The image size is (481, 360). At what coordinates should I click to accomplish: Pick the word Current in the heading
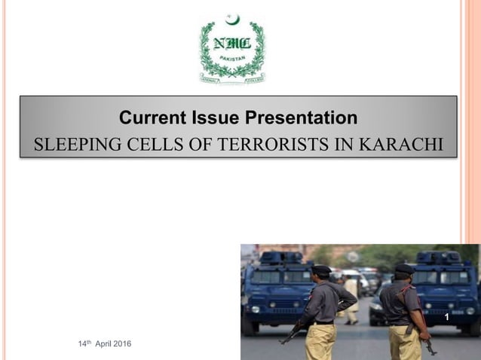tap(152, 118)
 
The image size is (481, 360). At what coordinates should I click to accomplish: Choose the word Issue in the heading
tap(214, 118)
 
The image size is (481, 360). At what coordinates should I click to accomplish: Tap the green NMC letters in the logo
tap(231, 43)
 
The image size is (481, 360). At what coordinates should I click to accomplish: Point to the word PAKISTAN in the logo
tap(231, 58)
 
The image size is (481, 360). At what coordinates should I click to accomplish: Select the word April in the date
tap(99, 344)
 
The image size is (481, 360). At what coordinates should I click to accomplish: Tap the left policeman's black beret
tap(321, 269)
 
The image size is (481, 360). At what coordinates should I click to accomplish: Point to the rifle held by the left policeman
tap(294, 331)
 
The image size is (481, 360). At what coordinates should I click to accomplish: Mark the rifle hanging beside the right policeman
tap(428, 343)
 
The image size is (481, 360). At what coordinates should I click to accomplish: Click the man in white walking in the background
tap(351, 297)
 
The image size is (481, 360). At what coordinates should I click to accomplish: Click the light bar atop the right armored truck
tap(438, 257)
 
